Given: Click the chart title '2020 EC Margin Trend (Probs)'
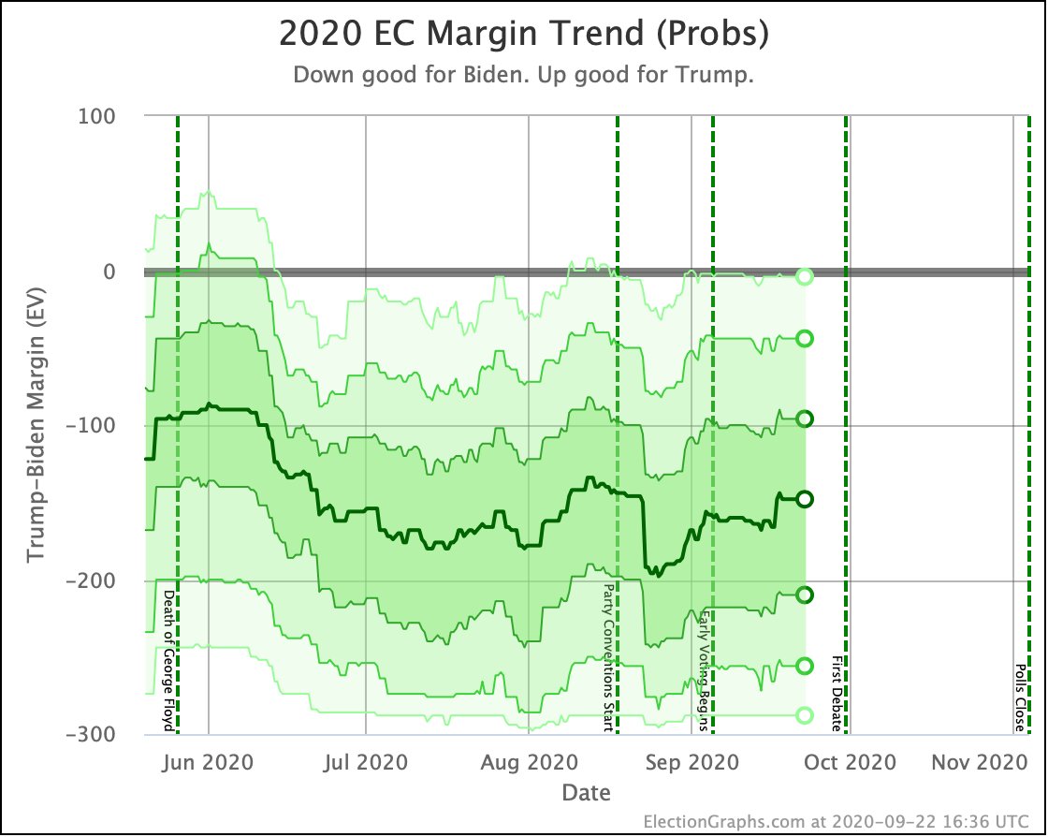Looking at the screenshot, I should (524, 35).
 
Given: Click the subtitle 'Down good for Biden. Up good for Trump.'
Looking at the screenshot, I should (524, 75).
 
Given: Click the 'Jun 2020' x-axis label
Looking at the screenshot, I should (209, 762).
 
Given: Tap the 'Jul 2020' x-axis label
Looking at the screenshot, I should (365, 762).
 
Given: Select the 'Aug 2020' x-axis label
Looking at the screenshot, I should (529, 762).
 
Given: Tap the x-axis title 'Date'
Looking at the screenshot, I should (586, 793).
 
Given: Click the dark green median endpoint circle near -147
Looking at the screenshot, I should (804, 499).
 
